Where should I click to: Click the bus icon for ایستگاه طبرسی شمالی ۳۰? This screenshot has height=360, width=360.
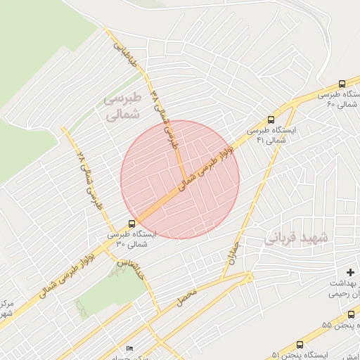(x=132, y=224)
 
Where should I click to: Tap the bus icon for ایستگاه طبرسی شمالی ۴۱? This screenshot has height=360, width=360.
(x=271, y=120)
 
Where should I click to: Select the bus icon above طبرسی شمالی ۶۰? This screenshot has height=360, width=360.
(x=342, y=83)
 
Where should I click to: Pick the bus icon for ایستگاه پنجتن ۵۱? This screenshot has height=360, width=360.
(x=300, y=345)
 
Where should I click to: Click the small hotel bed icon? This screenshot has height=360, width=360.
(x=128, y=349)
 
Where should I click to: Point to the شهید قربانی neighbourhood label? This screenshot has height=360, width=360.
(x=296, y=238)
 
